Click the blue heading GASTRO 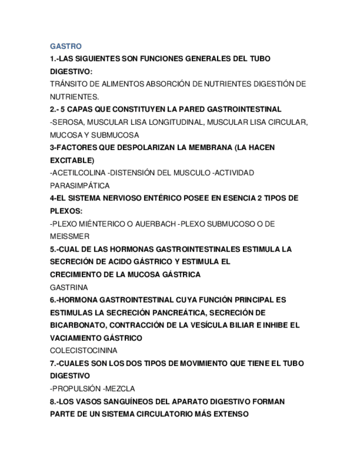(x=65, y=46)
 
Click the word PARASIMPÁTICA (x=80, y=186)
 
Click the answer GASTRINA (x=69, y=287)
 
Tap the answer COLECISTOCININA (x=83, y=351)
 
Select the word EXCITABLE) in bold (x=72, y=160)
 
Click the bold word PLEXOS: (x=66, y=211)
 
